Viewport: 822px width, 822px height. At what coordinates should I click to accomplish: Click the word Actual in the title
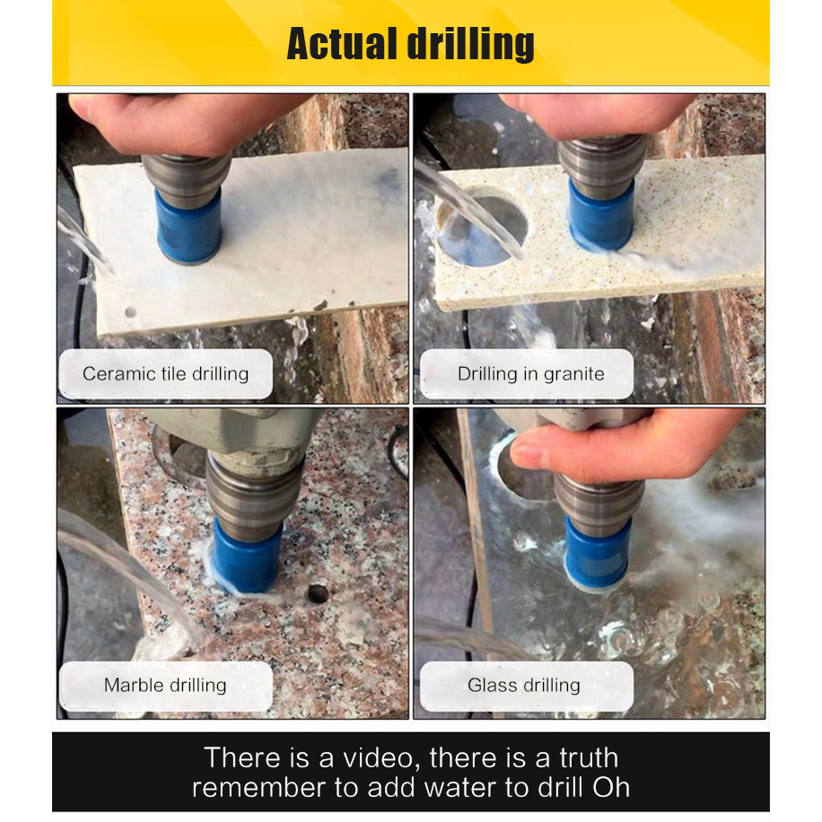pyautogui.click(x=341, y=44)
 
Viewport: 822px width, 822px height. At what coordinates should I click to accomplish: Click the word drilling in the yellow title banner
pyautogui.click(x=471, y=45)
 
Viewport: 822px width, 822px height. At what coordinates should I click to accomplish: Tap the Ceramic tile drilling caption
pyautogui.click(x=166, y=374)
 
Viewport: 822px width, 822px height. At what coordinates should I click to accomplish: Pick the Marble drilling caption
pyautogui.click(x=166, y=686)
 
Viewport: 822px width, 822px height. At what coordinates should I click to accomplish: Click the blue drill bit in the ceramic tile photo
pyautogui.click(x=188, y=226)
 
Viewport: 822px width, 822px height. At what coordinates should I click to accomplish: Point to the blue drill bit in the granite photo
pyautogui.click(x=600, y=215)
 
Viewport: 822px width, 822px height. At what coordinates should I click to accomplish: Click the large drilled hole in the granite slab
pyautogui.click(x=481, y=226)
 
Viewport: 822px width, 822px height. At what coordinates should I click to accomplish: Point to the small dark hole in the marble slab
pyautogui.click(x=318, y=593)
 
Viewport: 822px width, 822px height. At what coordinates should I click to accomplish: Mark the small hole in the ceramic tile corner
pyautogui.click(x=130, y=312)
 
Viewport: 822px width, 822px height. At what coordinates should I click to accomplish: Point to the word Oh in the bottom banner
pyautogui.click(x=611, y=787)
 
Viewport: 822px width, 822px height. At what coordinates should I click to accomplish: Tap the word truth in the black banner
pyautogui.click(x=589, y=758)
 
